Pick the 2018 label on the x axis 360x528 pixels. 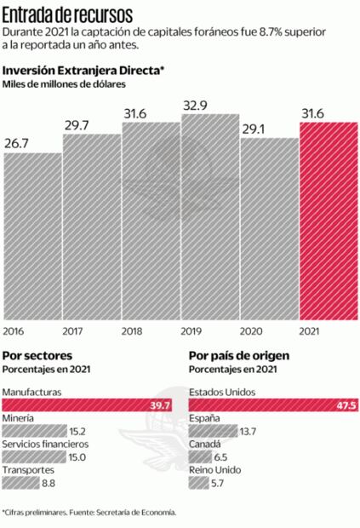[132, 330]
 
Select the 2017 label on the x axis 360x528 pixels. [73, 330]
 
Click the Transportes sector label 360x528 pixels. [29, 470]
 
